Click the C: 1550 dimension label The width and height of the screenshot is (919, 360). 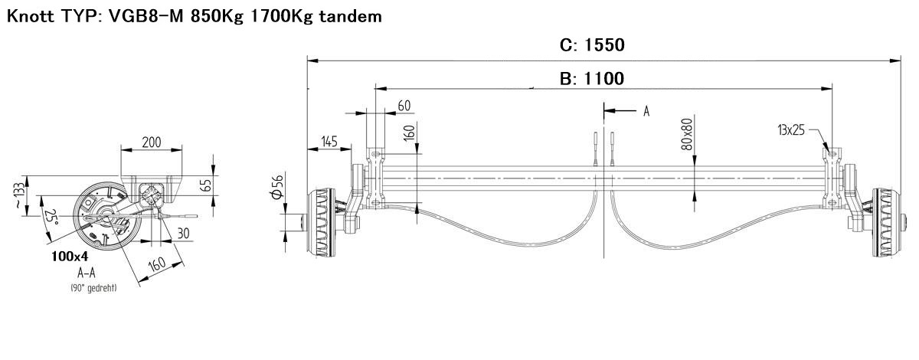tap(592, 44)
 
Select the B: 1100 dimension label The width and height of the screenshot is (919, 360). tap(592, 78)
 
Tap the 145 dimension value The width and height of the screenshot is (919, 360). tap(329, 142)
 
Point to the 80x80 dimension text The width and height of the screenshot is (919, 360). tap(687, 134)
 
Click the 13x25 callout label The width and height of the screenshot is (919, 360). tap(791, 130)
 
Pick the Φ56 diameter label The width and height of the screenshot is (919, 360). tap(278, 187)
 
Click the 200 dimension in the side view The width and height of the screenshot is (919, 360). tap(152, 142)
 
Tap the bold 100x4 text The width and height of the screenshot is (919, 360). tap(70, 257)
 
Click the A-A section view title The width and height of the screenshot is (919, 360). tap(86, 273)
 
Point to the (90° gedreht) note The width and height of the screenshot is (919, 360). tap(93, 288)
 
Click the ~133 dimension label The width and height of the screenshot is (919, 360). tap(20, 195)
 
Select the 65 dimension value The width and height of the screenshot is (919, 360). tap(208, 185)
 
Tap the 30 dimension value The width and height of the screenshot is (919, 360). tap(183, 233)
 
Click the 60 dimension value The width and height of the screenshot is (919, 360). tap(404, 106)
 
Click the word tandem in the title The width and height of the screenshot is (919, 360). tap(351, 16)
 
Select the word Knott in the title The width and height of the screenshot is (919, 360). tap(31, 16)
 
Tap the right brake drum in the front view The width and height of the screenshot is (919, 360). tap(886, 223)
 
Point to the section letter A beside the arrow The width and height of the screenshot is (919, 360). tap(646, 111)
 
